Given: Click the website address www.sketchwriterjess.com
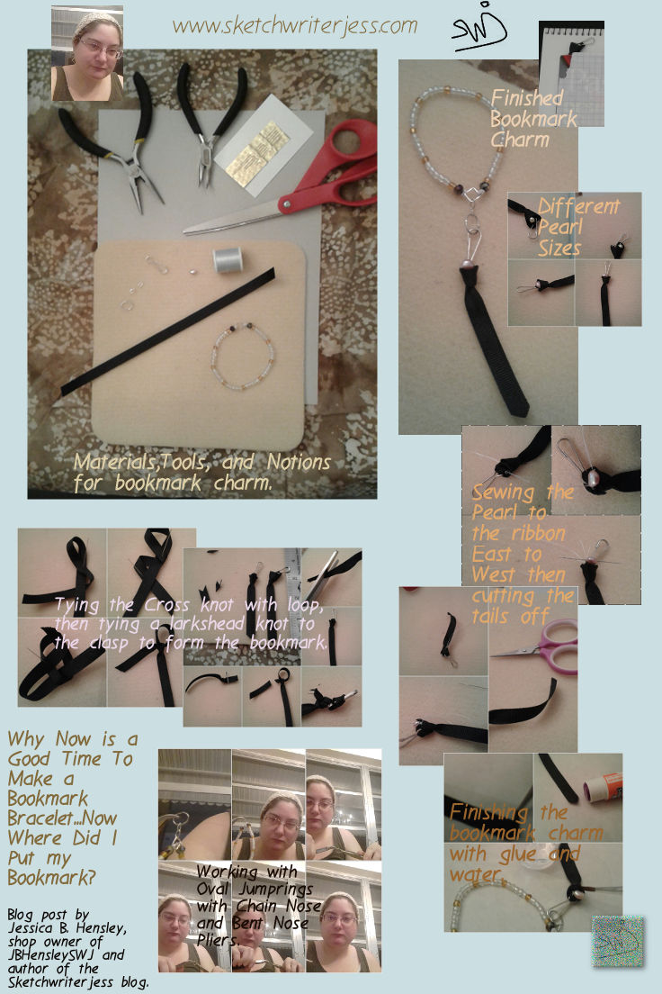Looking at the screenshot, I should coord(295,25).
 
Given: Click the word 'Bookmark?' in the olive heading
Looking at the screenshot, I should coord(45,876).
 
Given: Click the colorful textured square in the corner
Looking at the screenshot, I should coord(618,942).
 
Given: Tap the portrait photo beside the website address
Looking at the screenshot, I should coord(86,54).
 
